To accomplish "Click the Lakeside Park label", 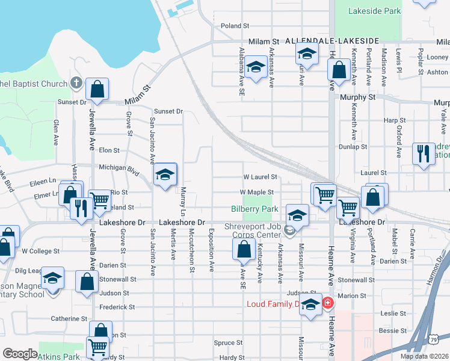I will pos(375,11).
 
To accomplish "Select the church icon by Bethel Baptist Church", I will pos(76,82).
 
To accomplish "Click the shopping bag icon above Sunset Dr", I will pos(97,90).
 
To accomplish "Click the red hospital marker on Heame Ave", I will pos(328,303).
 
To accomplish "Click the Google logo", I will pos(20,354).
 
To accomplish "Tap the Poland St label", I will pos(235,26).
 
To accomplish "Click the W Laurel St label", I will pos(259,177).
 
